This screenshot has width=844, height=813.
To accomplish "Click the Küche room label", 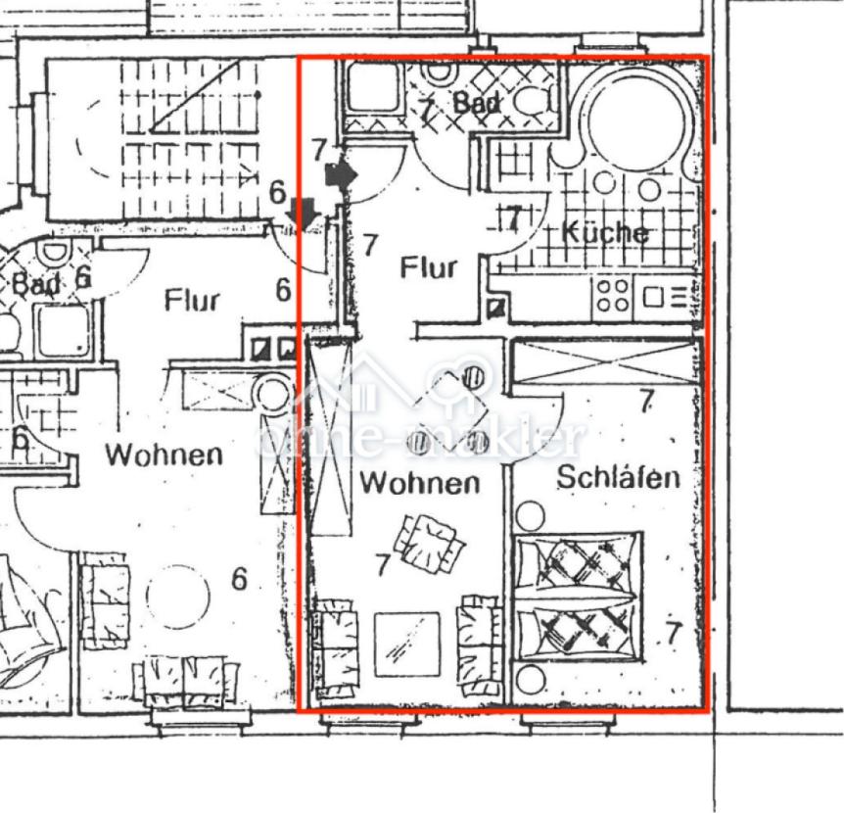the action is (604, 232).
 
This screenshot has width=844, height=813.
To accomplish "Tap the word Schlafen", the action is (618, 478).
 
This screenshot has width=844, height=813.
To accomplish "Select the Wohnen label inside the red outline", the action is (419, 483).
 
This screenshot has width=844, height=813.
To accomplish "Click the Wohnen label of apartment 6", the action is (164, 454).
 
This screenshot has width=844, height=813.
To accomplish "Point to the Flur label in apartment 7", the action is (429, 267).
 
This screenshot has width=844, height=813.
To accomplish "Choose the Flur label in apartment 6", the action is (192, 300).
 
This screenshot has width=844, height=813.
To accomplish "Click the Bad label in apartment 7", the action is (477, 102).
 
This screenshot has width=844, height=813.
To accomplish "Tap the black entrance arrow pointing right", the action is (342, 174).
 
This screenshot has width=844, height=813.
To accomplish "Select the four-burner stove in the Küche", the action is (613, 295).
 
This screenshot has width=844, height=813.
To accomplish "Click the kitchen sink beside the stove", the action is (668, 296).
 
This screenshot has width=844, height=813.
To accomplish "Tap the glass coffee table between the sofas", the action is (407, 644).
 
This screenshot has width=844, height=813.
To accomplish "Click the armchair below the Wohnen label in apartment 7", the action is (429, 545).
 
